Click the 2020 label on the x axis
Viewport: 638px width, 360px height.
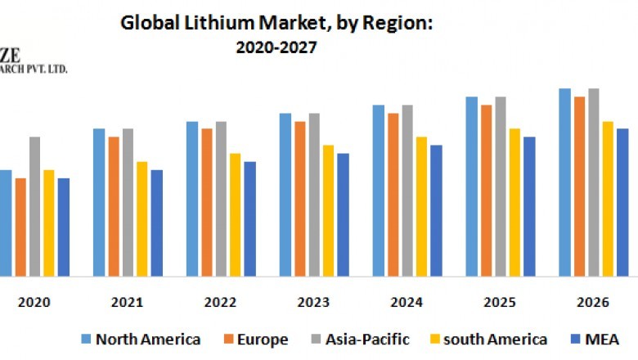34,302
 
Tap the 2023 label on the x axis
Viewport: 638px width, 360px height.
313,302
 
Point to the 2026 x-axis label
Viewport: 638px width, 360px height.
592,302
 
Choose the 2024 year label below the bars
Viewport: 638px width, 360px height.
407,302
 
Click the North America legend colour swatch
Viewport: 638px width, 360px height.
85,339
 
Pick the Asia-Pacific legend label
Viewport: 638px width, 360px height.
366,339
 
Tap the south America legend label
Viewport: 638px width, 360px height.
495,339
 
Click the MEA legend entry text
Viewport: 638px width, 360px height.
601,339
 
